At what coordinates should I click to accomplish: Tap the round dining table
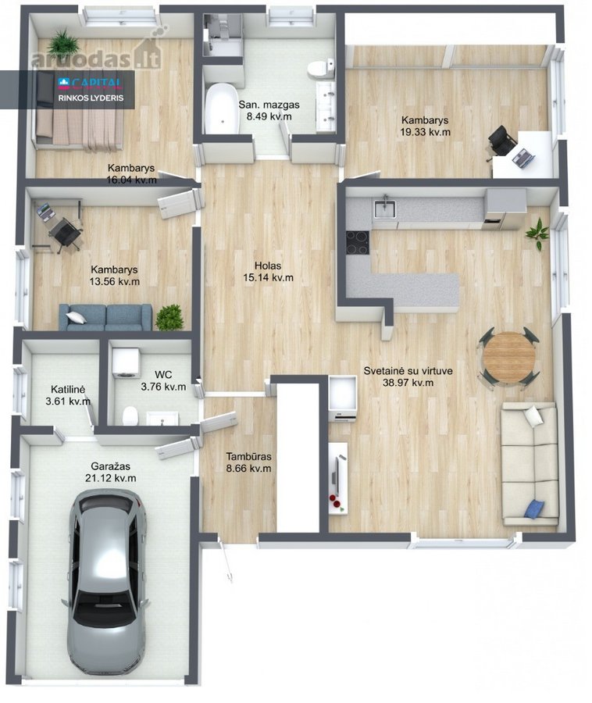click(x=509, y=357)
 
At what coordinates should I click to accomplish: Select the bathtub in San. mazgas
click(x=221, y=109)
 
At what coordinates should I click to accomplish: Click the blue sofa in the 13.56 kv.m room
click(x=105, y=317)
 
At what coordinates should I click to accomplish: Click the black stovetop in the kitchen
click(x=358, y=242)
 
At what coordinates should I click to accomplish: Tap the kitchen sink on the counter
click(x=385, y=209)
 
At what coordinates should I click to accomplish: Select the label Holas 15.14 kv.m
click(x=268, y=272)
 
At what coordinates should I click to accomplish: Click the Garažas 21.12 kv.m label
click(x=111, y=472)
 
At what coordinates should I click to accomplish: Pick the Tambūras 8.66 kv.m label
click(x=248, y=462)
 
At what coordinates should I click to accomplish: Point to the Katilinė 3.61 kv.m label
click(x=68, y=395)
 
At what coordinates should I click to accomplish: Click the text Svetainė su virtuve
click(x=408, y=371)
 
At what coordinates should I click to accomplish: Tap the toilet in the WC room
click(x=130, y=416)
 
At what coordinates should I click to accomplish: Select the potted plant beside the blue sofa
click(x=169, y=317)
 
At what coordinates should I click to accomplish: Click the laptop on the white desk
click(x=523, y=157)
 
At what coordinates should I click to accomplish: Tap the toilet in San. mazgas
click(x=321, y=68)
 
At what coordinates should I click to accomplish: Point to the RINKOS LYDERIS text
click(x=91, y=98)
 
